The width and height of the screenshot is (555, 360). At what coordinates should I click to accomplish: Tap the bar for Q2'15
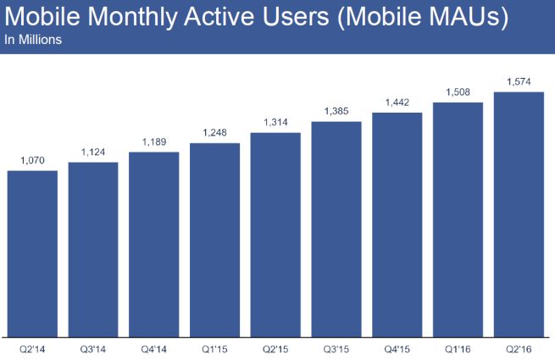[275, 234]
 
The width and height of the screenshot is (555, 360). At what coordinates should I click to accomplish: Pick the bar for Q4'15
[397, 224]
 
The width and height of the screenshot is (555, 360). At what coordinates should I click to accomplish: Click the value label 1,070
[32, 159]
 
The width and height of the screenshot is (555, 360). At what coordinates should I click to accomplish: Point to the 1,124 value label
[93, 152]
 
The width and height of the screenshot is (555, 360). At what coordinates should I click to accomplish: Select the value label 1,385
[336, 112]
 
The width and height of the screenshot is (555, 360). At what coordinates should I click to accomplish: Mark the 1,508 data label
[458, 93]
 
